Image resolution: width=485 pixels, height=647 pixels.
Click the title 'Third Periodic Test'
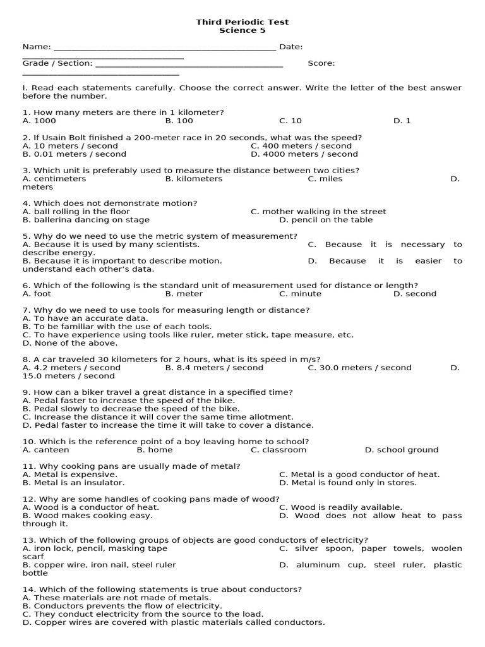[x=242, y=22]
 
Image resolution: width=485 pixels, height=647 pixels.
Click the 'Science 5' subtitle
[x=242, y=30]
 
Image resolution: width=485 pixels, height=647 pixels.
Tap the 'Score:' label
[x=321, y=63]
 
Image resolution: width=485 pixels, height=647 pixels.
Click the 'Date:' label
[x=290, y=47]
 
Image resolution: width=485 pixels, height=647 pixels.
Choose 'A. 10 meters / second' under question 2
[x=70, y=146]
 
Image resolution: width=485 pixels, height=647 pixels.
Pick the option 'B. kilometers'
[x=194, y=179]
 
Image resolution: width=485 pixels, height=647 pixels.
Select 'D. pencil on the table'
[x=326, y=220]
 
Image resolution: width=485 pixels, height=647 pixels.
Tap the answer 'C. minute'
[x=300, y=294]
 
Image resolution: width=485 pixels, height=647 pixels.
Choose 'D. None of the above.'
[x=70, y=343]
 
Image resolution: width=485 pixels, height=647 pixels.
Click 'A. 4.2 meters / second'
[x=71, y=368]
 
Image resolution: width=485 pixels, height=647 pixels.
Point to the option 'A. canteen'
[x=46, y=450]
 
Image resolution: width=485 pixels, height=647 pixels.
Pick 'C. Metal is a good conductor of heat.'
[x=359, y=475]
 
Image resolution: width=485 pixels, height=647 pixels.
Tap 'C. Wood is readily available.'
[x=340, y=507]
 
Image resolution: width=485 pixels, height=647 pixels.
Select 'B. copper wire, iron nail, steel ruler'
[x=99, y=565]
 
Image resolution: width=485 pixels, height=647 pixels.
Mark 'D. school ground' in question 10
[x=402, y=450]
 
